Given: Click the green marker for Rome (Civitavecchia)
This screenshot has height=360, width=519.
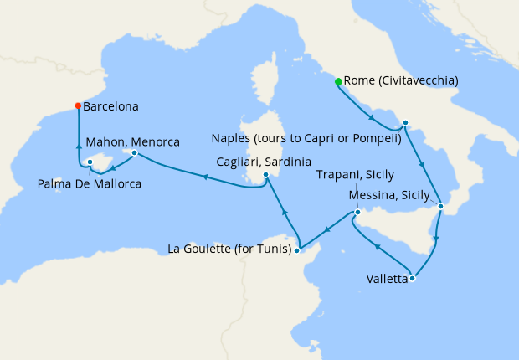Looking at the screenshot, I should pos(338,82).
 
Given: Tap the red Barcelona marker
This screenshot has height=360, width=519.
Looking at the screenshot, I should pos(78,106).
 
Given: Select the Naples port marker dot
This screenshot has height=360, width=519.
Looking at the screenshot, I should pos(405,123).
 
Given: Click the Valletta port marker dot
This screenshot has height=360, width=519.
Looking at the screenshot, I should pos(412,279).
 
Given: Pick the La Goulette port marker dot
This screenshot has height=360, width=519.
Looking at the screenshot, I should pos(297,249).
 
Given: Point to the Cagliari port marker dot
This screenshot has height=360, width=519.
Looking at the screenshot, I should pos(265,175).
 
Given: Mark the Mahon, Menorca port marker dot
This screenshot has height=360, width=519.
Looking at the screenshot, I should pos(134,153).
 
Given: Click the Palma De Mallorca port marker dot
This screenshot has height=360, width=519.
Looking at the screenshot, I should pos(90,163).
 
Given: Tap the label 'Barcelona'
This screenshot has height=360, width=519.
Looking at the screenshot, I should pos(110,107).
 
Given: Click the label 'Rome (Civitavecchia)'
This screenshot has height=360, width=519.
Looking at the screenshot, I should pos(401,81).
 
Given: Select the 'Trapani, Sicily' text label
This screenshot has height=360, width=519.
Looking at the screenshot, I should pos(355,175).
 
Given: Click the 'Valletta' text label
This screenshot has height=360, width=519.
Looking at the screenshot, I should pos(387,279).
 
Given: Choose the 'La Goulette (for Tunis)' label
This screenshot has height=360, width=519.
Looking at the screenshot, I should pos(229,249).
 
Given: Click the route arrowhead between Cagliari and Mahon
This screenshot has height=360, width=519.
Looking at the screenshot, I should pos(203,177).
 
